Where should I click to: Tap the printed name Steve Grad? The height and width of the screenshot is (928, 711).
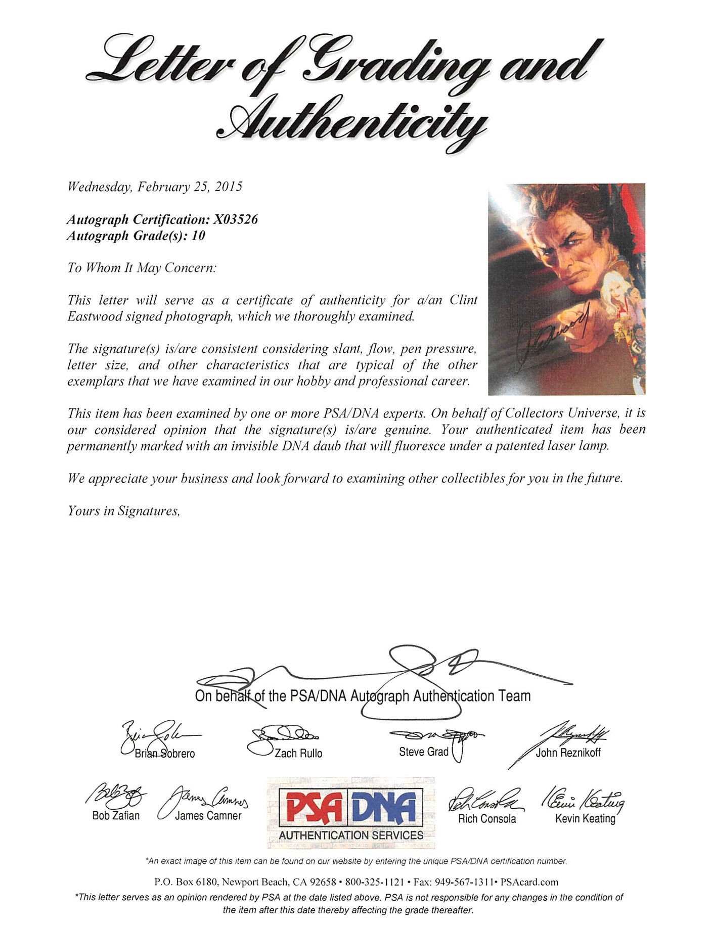pos(423,752)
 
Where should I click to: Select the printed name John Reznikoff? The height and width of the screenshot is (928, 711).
pos(568,753)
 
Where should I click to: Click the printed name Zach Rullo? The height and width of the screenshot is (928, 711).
pos(298,753)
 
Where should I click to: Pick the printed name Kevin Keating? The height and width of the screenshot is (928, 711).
pos(585,818)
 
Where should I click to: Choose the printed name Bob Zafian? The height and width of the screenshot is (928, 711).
pos(116,815)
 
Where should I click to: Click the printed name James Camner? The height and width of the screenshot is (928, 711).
pos(208,815)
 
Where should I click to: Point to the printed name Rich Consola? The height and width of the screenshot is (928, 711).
pos(487,818)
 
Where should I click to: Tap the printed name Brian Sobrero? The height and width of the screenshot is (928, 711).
pos(165,753)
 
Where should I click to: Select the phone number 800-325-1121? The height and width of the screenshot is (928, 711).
pos(374,882)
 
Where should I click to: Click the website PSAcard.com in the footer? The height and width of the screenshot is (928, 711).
pos(529,882)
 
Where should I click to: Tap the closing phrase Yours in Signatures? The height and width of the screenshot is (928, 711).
pos(124,511)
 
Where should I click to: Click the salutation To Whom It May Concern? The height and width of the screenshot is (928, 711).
pos(142,268)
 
